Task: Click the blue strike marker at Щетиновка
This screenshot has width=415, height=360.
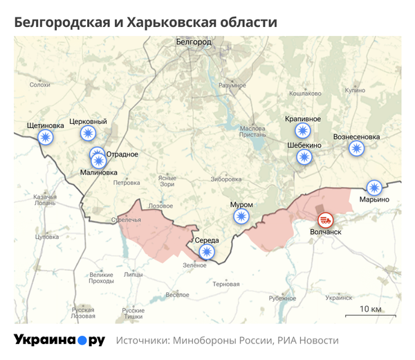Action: coord(46,137)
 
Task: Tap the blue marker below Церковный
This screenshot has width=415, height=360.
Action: coord(88,134)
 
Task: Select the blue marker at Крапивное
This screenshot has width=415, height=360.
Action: coord(302,131)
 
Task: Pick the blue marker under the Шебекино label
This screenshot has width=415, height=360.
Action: coord(304,157)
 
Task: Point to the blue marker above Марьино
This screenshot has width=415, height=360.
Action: coord(374,187)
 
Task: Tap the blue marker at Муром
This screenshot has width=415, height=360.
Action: coord(241,217)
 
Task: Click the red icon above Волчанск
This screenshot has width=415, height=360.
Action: coord(325,220)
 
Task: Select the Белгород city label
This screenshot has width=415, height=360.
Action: coord(192,43)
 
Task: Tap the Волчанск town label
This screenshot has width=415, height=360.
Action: coord(326,233)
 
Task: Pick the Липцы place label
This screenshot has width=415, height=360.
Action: coord(133,274)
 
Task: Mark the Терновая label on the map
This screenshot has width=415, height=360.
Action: coord(226,284)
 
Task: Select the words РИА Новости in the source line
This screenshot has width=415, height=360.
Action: coord(308,341)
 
